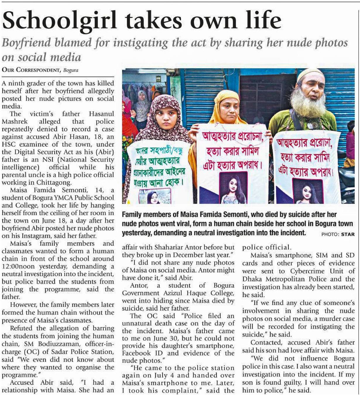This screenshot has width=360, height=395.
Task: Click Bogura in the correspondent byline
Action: coord(71,70)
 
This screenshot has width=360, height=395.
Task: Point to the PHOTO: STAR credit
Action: coord(338,234)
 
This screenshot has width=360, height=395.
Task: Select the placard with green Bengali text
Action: coord(158,170)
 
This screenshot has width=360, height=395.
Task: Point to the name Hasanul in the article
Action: coord(101,114)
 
